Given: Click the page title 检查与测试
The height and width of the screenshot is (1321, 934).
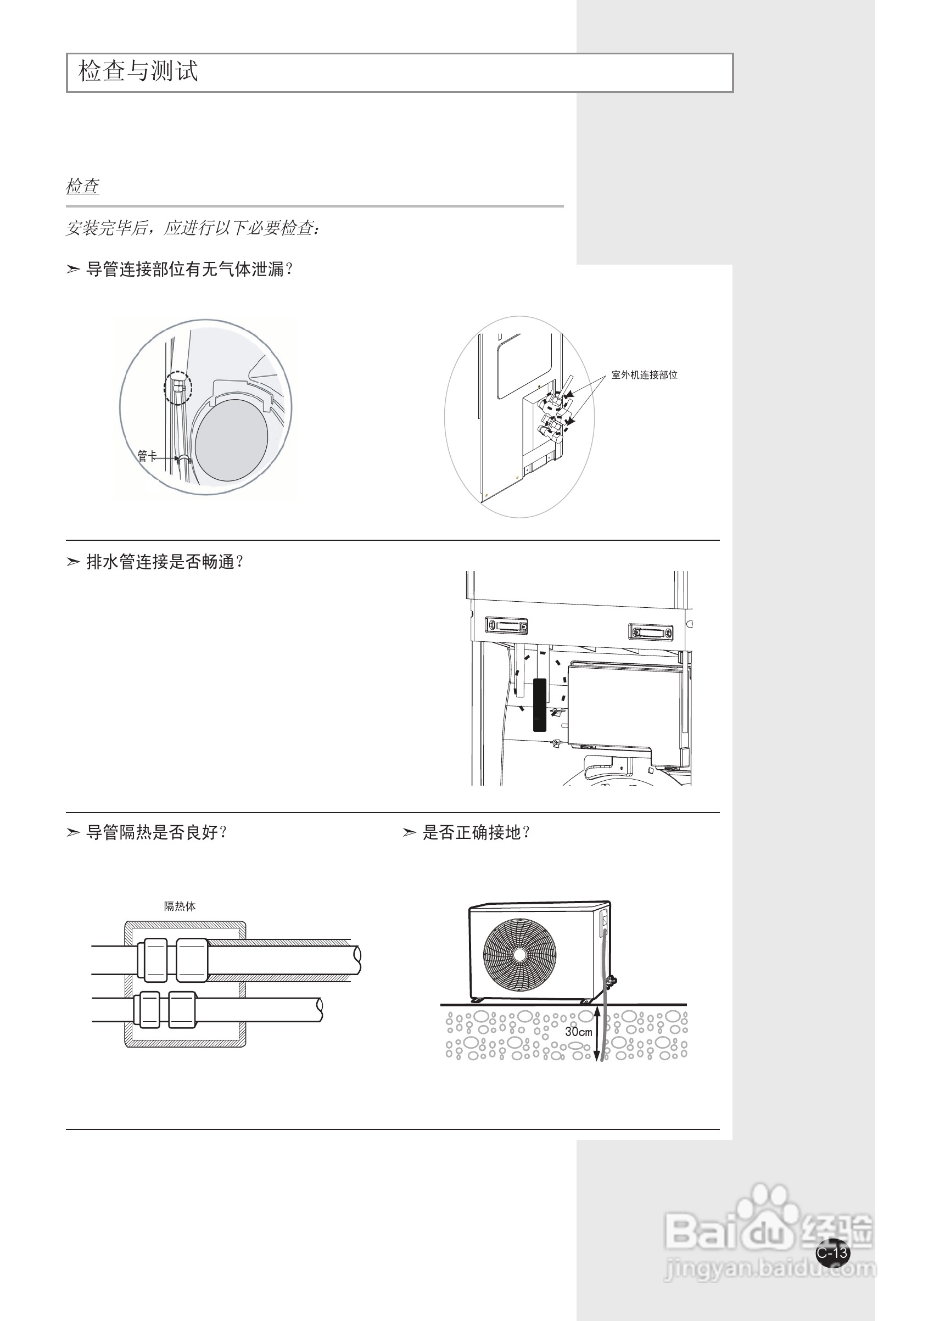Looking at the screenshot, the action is [x=138, y=71].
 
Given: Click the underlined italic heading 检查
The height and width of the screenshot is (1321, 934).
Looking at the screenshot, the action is [x=82, y=187].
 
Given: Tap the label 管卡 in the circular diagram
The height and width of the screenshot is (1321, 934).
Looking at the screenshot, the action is [x=147, y=456].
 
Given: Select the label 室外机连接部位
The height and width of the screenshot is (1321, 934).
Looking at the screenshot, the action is [x=644, y=375].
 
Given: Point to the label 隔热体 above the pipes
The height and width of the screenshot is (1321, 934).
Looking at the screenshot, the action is [x=180, y=906].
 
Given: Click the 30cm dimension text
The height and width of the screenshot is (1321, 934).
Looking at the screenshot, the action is [x=578, y=1032].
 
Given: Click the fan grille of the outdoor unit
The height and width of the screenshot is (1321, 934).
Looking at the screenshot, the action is [x=519, y=955].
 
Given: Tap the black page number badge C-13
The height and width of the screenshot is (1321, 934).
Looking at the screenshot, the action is [x=832, y=1252].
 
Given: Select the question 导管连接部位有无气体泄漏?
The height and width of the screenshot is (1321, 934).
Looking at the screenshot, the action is [x=190, y=269].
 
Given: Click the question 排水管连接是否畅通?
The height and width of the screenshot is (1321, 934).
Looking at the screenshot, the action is [x=165, y=562].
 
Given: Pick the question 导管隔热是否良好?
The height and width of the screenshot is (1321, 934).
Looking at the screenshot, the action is [x=156, y=832].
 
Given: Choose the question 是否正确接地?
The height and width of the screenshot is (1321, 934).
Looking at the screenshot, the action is [x=477, y=832].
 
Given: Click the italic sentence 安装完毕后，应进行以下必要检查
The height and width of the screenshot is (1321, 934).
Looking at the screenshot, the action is [x=193, y=228].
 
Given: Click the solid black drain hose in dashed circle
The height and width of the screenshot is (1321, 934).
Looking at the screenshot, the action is [x=539, y=705].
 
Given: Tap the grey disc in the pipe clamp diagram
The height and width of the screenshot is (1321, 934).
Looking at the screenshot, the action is [x=231, y=440].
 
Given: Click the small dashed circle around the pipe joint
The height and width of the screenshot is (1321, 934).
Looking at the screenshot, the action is [x=178, y=387].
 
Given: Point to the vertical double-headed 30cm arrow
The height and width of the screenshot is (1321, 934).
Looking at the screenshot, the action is [x=597, y=1033].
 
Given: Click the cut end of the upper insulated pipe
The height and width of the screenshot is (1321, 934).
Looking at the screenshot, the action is [x=357, y=960].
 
